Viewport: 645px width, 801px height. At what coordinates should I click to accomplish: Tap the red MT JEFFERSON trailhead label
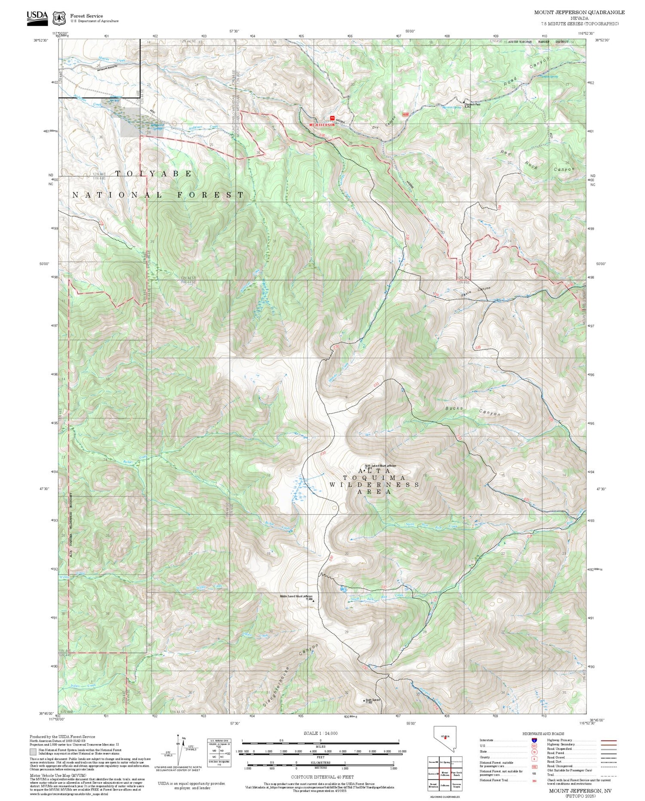pyautogui.click(x=322, y=125)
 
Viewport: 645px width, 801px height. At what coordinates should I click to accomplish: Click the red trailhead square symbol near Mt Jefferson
pyautogui.click(x=332, y=118)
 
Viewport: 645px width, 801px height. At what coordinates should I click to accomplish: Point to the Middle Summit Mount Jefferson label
pyautogui.click(x=296, y=596)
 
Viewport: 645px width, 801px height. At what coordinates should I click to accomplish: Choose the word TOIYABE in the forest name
pyautogui.click(x=154, y=173)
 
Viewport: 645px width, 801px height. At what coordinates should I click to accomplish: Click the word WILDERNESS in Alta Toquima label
pyautogui.click(x=374, y=484)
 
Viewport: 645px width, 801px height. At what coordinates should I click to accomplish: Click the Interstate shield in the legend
pyautogui.click(x=534, y=740)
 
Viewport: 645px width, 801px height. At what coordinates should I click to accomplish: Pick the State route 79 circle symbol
pyautogui.click(x=534, y=752)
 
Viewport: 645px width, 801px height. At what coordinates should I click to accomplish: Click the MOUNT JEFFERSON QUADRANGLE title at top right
pyautogui.click(x=579, y=12)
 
